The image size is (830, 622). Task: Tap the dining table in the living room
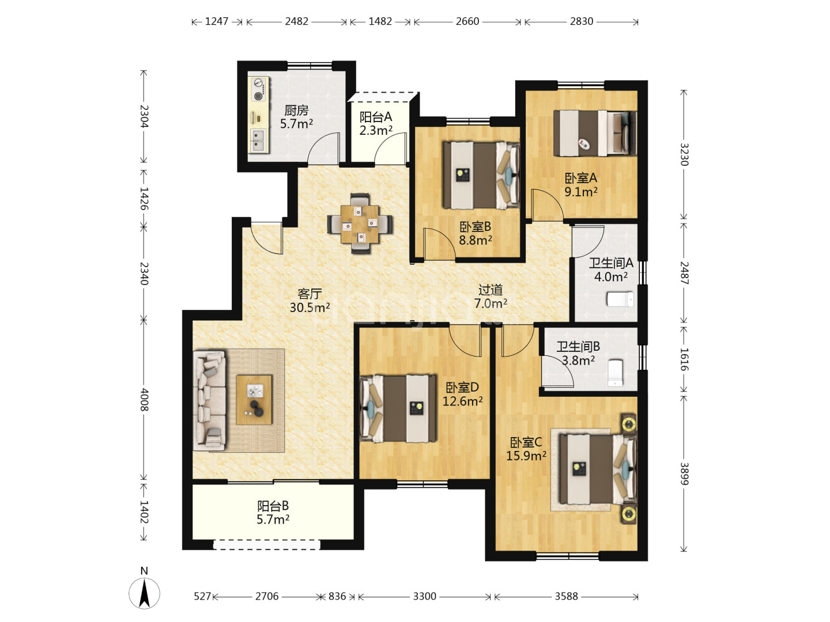359,224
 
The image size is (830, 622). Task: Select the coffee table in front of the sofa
254,400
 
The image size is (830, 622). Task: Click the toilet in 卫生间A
621,299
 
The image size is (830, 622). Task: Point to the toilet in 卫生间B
615,373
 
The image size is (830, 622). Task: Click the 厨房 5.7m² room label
296,117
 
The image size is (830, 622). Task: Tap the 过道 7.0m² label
491,297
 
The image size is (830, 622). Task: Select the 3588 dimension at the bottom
566,596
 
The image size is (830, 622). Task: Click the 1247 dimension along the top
217,21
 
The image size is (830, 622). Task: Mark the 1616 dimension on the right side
684,359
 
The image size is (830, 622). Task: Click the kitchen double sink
259,141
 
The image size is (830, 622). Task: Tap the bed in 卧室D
398,408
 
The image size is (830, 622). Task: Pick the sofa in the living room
209,400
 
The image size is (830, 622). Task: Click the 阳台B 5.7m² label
273,513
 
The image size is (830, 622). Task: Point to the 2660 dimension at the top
467,21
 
